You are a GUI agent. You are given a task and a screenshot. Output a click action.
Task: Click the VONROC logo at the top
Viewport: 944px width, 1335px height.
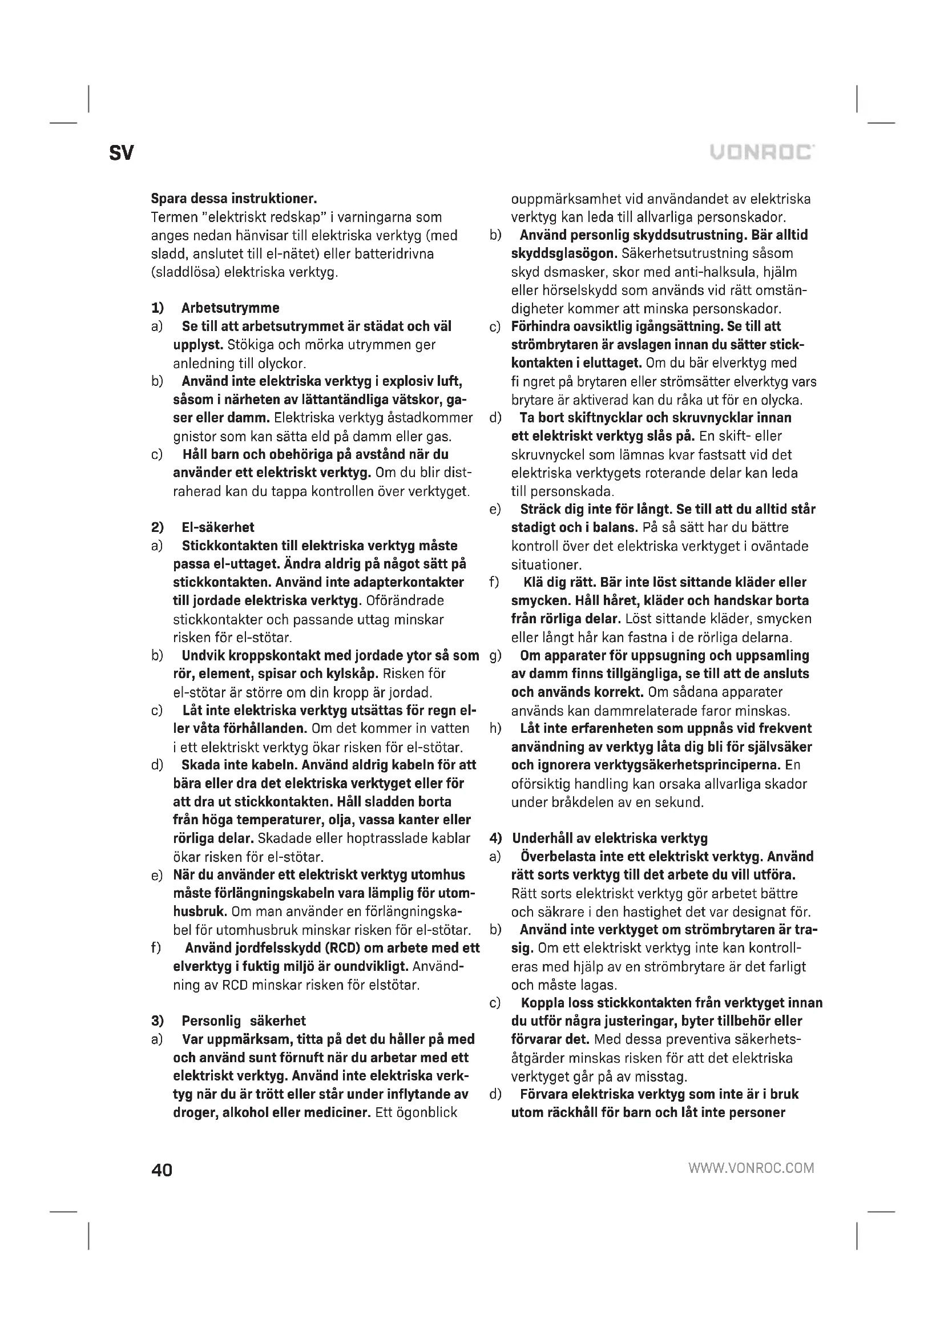coord(761,152)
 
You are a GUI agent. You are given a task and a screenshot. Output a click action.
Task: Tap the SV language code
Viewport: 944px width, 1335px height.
coord(121,154)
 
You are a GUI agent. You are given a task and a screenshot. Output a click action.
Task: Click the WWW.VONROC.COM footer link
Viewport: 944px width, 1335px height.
coord(751,1168)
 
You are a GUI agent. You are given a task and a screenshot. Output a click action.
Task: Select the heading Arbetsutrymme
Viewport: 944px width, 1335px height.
coord(230,308)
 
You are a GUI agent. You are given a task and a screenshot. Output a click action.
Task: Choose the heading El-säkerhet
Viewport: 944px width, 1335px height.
coord(218,527)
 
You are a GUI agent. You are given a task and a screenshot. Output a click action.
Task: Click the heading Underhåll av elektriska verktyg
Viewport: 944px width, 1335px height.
coord(610,838)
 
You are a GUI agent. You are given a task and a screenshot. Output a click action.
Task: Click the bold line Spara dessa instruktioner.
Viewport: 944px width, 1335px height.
coord(233,198)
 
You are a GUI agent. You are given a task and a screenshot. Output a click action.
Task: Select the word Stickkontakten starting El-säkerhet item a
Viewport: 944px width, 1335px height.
coord(230,546)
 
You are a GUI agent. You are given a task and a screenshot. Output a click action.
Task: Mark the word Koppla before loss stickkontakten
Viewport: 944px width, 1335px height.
coord(543,1002)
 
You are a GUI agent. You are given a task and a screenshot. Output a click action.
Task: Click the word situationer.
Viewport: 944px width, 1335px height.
coord(546,564)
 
